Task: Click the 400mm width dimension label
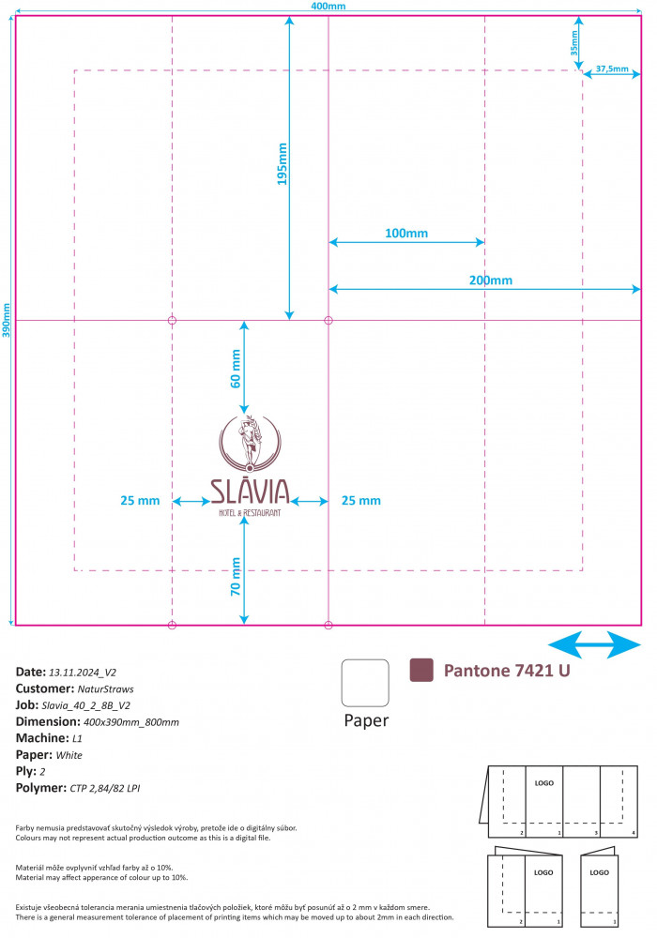pyautogui.click(x=328, y=6)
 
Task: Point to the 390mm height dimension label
pyautogui.click(x=6, y=320)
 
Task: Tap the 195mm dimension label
pyautogui.click(x=282, y=164)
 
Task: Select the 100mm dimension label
pyautogui.click(x=406, y=234)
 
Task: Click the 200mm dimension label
pyautogui.click(x=491, y=280)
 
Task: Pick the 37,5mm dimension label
pyautogui.click(x=612, y=68)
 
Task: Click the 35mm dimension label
pyautogui.click(x=574, y=43)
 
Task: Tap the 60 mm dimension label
pyautogui.click(x=236, y=369)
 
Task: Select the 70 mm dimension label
pyautogui.click(x=236, y=577)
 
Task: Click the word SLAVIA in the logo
pyautogui.click(x=250, y=492)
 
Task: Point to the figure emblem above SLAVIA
pyautogui.click(x=250, y=444)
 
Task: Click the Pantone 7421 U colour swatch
pyautogui.click(x=421, y=670)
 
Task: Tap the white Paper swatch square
pyautogui.click(x=365, y=683)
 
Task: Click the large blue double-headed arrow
pyautogui.click(x=594, y=645)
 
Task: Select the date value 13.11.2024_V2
pyautogui.click(x=83, y=673)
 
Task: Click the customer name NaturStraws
pyautogui.click(x=105, y=689)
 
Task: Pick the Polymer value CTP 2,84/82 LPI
pyautogui.click(x=105, y=789)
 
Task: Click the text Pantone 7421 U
pyautogui.click(x=507, y=671)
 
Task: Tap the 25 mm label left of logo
pyautogui.click(x=140, y=501)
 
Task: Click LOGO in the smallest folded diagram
pyautogui.click(x=599, y=872)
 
